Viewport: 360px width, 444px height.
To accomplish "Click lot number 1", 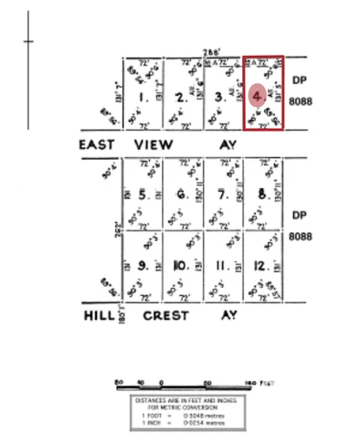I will tap(142, 96).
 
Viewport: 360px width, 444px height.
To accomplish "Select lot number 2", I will tap(181, 96).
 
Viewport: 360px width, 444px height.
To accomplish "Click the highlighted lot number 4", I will tap(259, 95).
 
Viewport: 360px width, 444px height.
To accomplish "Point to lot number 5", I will tap(143, 195).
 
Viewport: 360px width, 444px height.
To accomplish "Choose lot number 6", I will tap(182, 195).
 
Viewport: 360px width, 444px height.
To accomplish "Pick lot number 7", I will tap(221, 195).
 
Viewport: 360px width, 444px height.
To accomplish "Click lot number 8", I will tap(261, 194).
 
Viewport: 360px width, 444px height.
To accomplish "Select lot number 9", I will tap(143, 266).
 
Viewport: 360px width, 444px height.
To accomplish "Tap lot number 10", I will tap(181, 266).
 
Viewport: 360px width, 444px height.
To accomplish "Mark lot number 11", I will tap(220, 266).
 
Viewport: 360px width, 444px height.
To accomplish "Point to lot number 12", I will tap(260, 266).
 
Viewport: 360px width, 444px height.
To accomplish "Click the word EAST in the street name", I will tap(95, 144).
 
